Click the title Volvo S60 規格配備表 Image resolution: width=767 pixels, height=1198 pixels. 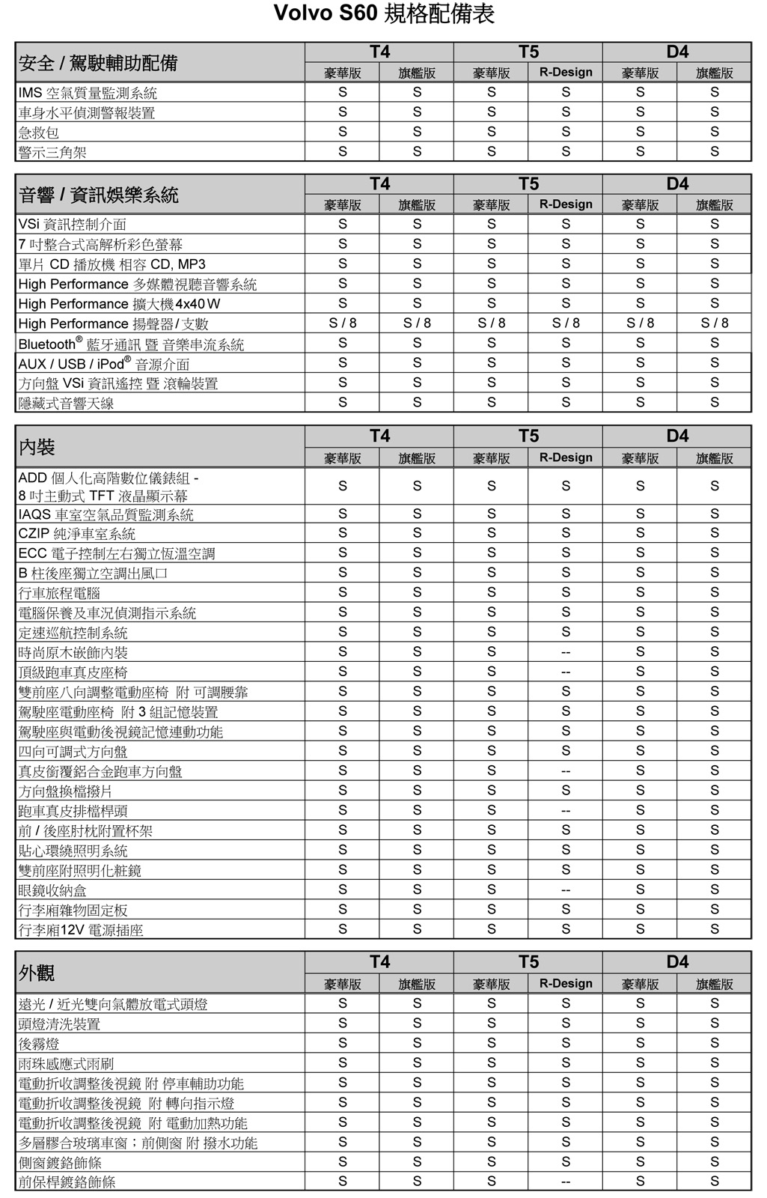coord(383,13)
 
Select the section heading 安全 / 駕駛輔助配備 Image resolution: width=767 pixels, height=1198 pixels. coord(98,63)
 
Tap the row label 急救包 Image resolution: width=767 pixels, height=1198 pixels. coord(39,133)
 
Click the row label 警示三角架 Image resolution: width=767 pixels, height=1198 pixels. coord(52,152)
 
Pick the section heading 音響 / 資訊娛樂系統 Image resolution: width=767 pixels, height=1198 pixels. coord(98,195)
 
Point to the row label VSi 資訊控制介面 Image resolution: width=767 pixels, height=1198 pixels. coord(73,224)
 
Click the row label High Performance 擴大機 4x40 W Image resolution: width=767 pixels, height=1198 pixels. coord(119,303)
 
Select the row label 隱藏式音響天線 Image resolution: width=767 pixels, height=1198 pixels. coord(66,403)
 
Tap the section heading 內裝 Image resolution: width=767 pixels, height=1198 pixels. coord(37,447)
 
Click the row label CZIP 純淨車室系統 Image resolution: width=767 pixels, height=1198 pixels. coord(77,533)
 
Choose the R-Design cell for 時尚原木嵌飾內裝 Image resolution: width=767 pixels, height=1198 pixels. coord(565,652)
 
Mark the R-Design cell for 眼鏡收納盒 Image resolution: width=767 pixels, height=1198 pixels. coord(565,890)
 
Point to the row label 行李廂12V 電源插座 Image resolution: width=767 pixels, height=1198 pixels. coord(81,929)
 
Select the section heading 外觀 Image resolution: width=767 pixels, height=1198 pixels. coord(37,973)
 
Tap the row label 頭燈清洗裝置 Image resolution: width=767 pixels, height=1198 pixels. coord(59,1024)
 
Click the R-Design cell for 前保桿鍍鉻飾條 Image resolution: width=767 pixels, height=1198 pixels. coord(565,1182)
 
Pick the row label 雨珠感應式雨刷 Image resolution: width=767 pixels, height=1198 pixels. coord(66,1063)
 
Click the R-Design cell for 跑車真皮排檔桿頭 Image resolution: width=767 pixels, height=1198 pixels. coord(565,811)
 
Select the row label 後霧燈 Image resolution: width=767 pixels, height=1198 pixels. coord(39,1043)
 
